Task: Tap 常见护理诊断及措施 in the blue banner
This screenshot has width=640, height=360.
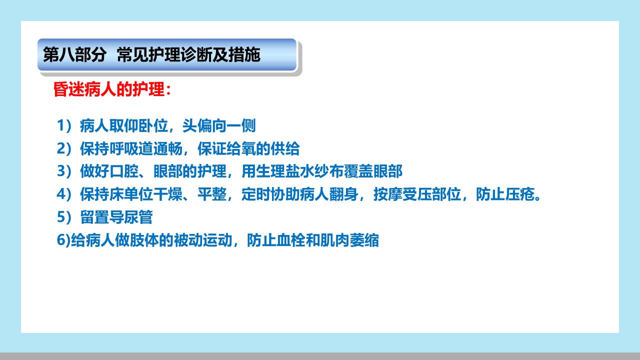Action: click(x=188, y=55)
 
